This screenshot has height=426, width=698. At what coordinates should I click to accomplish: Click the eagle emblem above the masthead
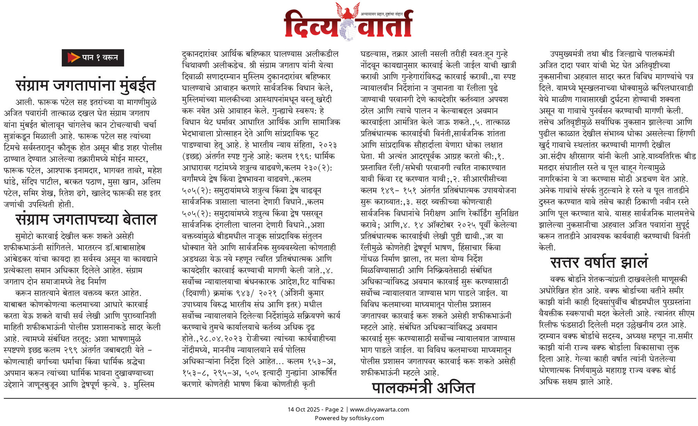click(x=348, y=10)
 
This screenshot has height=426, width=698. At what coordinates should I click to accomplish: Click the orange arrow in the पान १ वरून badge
click(x=73, y=58)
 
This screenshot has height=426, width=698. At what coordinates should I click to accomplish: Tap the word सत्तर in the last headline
click(x=565, y=263)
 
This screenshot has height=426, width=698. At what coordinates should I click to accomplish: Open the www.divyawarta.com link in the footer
click(x=379, y=409)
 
